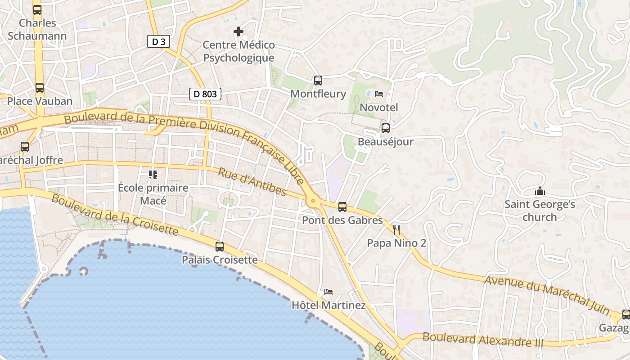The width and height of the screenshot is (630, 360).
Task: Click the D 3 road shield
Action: (159, 42)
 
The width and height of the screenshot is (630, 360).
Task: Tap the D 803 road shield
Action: (205, 94)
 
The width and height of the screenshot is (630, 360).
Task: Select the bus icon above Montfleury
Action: (318, 81)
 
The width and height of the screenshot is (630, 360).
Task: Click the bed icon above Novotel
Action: (379, 94)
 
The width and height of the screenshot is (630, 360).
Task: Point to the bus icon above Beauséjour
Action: (386, 128)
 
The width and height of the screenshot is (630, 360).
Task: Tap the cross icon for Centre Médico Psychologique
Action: (238, 31)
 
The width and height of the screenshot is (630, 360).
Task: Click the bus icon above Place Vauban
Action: (40, 88)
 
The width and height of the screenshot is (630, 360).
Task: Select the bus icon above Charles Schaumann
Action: (37, 10)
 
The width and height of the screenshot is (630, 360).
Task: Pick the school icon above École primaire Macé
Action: (153, 174)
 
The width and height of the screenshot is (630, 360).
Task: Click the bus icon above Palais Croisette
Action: (220, 247)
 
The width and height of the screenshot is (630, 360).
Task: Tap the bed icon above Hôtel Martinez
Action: (328, 292)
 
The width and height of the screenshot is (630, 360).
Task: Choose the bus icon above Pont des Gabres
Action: (342, 207)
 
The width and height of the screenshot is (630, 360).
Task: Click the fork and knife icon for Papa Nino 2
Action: (396, 230)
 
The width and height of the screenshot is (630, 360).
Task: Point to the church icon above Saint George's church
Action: (540, 191)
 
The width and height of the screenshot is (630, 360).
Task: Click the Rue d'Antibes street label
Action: (252, 182)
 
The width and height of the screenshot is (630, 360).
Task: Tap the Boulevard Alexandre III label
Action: (483, 340)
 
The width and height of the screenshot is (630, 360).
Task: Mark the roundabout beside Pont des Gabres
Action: (312, 201)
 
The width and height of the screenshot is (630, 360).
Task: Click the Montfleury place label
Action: (318, 94)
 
